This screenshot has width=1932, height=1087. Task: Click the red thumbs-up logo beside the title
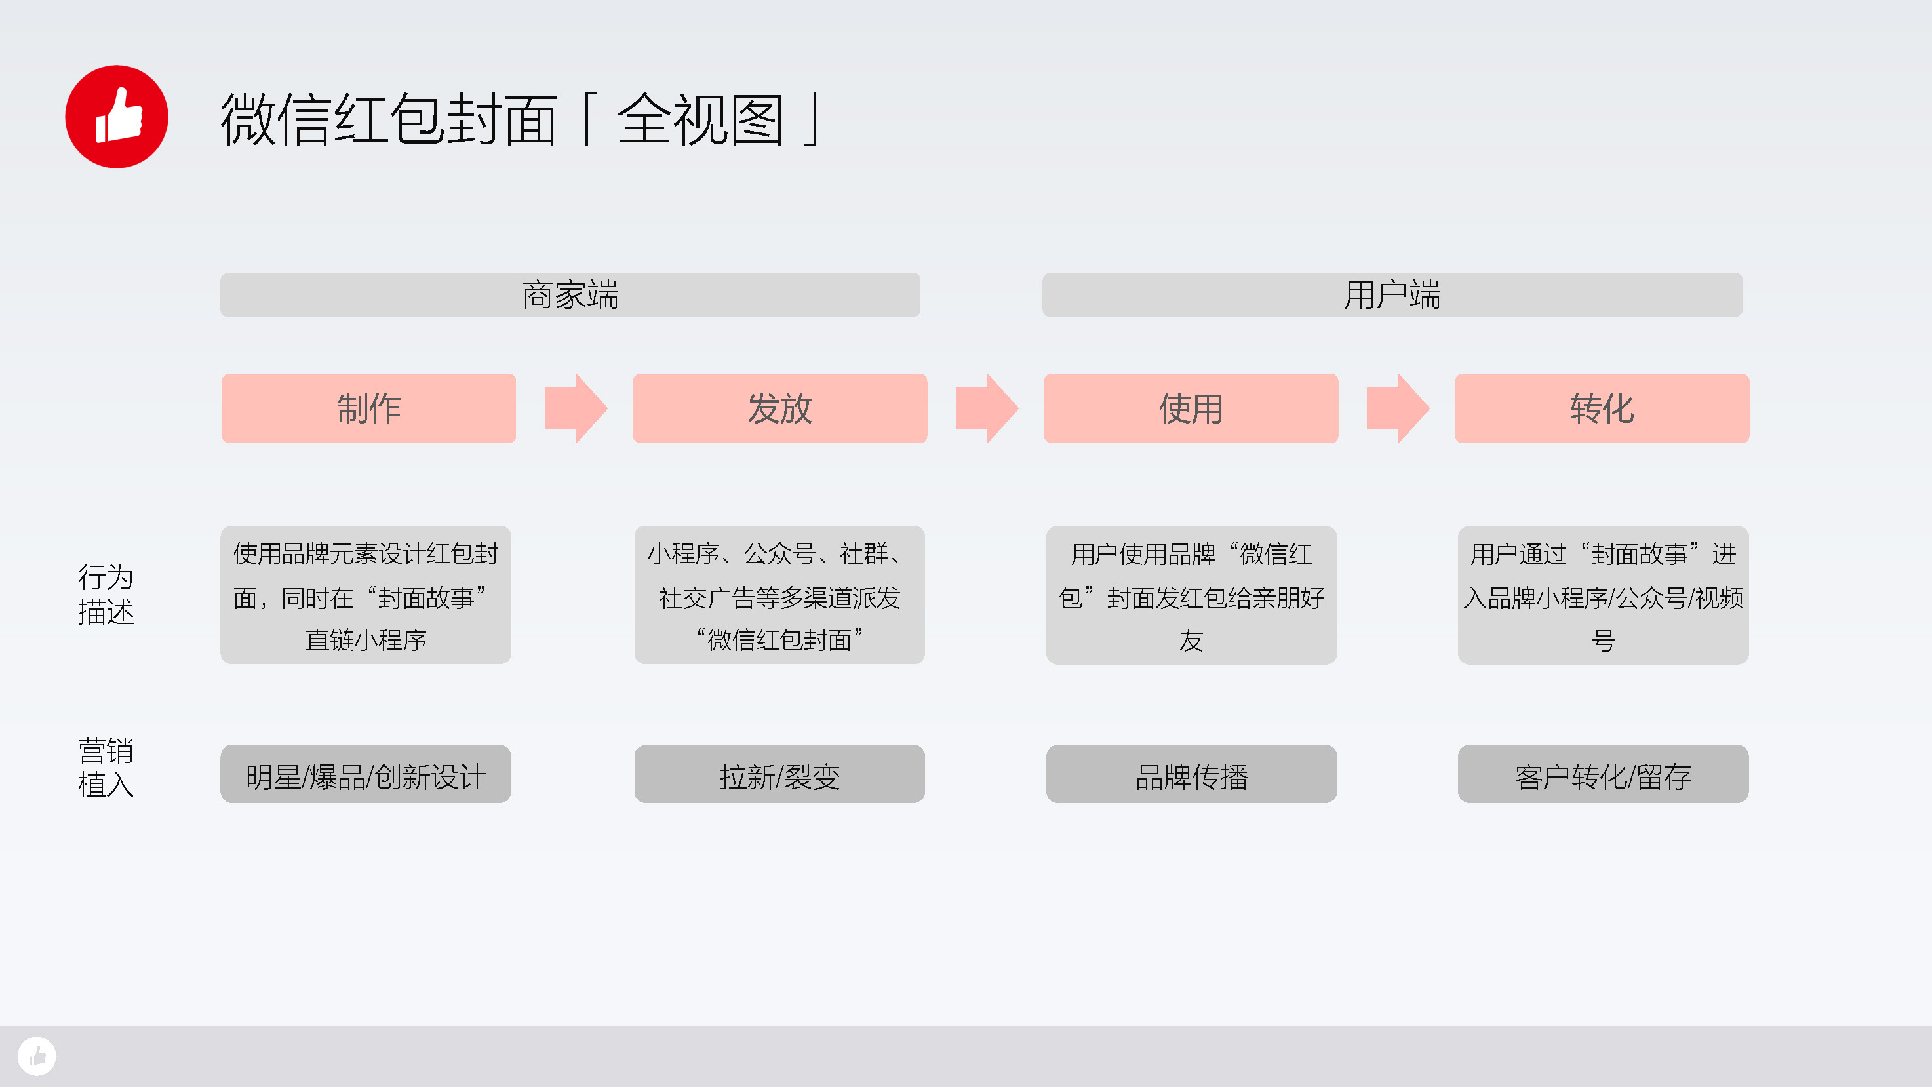(x=116, y=116)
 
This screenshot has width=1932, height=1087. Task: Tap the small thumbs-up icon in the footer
(x=37, y=1056)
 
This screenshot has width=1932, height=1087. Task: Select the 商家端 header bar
(x=570, y=295)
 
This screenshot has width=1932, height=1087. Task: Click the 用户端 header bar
(x=1392, y=295)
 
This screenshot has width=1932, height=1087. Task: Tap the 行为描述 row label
(x=106, y=595)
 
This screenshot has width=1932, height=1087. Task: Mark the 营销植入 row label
(x=106, y=768)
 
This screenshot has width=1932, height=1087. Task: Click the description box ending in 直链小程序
(x=366, y=595)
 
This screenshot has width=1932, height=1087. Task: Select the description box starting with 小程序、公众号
(x=779, y=595)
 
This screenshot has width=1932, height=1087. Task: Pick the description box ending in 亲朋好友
(x=1191, y=595)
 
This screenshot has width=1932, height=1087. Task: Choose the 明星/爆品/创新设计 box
(x=366, y=774)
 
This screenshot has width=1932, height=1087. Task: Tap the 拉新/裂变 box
(x=779, y=774)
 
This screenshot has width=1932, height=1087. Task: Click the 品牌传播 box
(x=1191, y=774)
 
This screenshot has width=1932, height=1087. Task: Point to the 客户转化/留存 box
(x=1603, y=774)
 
